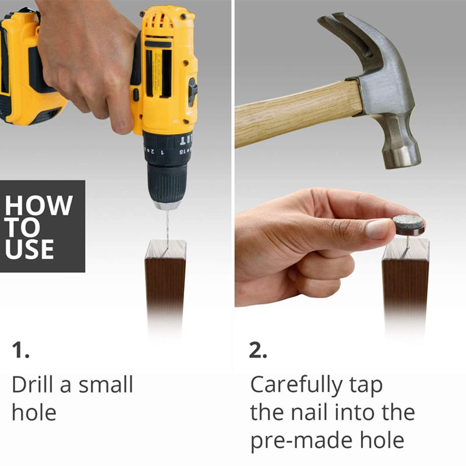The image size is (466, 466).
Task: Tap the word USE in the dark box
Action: [x=30, y=249]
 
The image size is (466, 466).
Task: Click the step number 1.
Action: [x=20, y=350]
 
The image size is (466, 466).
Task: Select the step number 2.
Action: [x=257, y=350]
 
